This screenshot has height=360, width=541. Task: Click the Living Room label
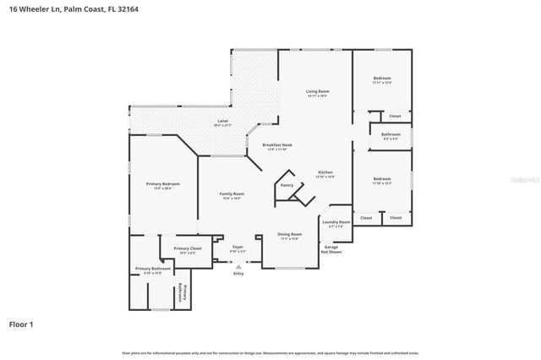(x=317, y=91)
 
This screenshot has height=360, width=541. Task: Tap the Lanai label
(x=223, y=123)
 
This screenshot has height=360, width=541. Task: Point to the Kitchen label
(x=325, y=173)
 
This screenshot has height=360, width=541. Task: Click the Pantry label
(x=287, y=185)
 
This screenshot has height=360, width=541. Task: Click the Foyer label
(x=238, y=248)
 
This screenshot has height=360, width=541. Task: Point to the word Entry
(x=238, y=273)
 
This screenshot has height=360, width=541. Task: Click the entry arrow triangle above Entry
(x=238, y=265)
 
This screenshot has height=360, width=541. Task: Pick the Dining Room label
(x=289, y=234)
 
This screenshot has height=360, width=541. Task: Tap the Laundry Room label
(x=336, y=222)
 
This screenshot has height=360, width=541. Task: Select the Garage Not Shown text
(x=331, y=249)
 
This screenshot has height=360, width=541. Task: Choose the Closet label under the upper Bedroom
(x=395, y=116)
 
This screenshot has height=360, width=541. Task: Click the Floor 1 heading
(x=21, y=324)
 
